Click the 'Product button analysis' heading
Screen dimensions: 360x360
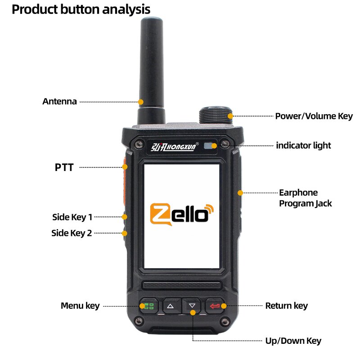click(x=81, y=9)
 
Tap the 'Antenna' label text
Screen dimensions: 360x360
click(x=59, y=101)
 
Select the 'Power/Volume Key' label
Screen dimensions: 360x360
click(x=314, y=116)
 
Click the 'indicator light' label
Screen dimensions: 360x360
click(x=303, y=145)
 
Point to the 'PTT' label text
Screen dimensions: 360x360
click(x=64, y=167)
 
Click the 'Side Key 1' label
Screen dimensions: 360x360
click(x=72, y=217)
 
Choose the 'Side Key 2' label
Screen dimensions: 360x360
click(x=72, y=233)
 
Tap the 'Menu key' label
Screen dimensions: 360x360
click(x=80, y=306)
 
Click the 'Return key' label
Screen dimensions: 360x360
click(x=286, y=306)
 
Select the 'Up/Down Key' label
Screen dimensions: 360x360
click(x=293, y=341)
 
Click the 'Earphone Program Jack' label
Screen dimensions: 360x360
click(x=305, y=198)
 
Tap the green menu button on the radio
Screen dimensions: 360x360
click(x=147, y=306)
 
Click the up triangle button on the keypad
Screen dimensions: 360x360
click(x=170, y=306)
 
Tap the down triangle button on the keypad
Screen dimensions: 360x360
click(x=193, y=306)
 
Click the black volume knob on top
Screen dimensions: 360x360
click(x=215, y=115)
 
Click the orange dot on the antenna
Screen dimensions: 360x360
click(x=140, y=102)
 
